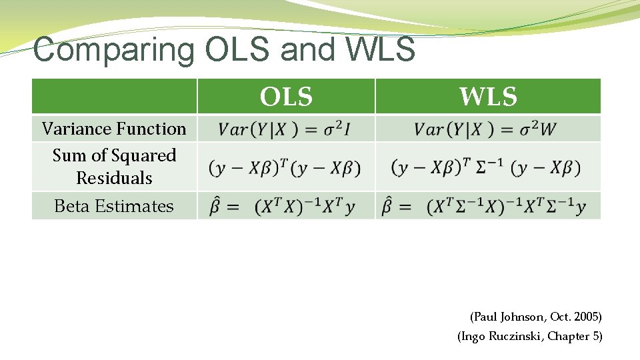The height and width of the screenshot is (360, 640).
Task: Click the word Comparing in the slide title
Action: coord(114,50)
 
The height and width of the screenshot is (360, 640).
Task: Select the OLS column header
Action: coord(286,97)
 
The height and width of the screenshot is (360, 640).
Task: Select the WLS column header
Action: coord(488,97)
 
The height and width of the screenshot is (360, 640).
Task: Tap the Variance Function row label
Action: coord(114,129)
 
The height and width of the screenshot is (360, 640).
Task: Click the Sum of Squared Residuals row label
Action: coord(114,167)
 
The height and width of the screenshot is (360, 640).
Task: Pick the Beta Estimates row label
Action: coord(114,207)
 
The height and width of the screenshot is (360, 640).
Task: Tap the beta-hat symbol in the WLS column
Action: coord(387,207)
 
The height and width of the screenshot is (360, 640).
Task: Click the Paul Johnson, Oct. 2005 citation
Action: coord(535,317)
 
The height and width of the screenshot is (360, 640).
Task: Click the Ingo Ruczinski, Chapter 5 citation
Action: coord(529,337)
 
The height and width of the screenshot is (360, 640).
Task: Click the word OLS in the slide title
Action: coord(237,50)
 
